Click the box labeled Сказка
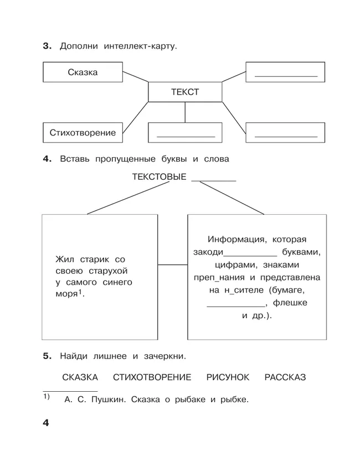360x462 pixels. click(83, 72)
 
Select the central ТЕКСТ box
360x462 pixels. click(184, 92)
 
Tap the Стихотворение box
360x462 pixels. click(83, 133)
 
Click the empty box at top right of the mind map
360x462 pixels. click(285, 72)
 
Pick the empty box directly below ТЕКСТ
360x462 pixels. click(185, 133)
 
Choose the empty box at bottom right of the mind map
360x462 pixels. click(285, 133)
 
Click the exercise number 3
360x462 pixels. click(47, 46)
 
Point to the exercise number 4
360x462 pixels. click(47, 159)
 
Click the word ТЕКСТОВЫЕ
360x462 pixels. click(159, 177)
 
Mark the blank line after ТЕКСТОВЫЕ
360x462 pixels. click(213, 180)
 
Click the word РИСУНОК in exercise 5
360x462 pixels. click(228, 377)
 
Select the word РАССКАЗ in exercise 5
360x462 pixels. click(285, 377)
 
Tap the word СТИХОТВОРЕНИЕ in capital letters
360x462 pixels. click(152, 377)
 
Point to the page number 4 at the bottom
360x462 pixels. click(46, 423)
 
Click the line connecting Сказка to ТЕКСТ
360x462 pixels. click(135, 78)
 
